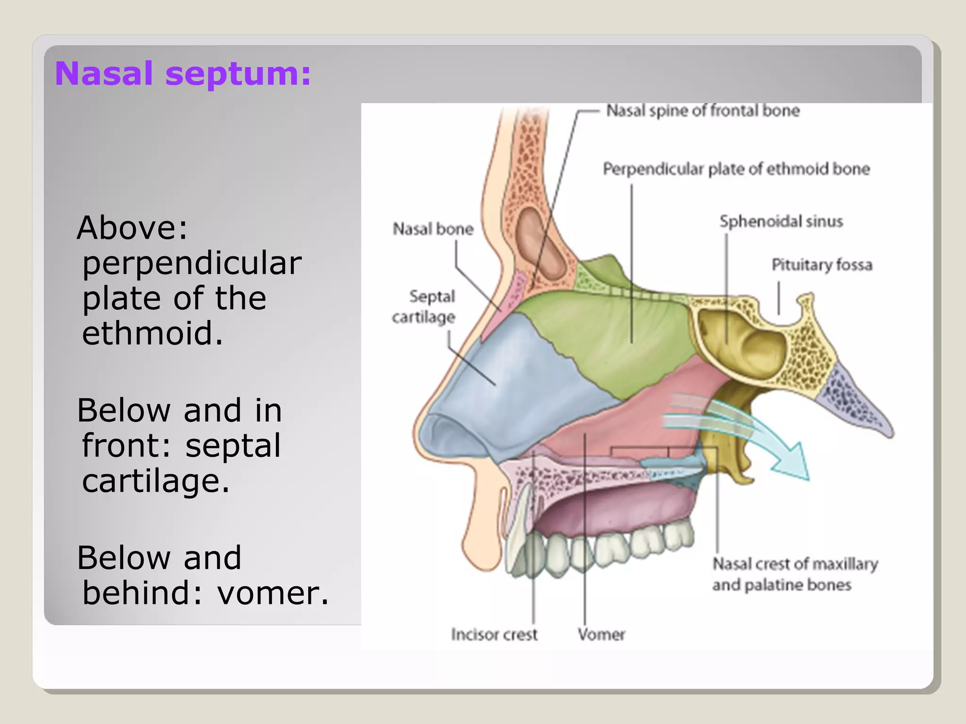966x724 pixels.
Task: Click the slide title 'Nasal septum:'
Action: point(183,74)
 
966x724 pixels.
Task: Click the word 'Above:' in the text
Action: point(132,228)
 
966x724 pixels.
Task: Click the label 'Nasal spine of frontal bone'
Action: point(702,111)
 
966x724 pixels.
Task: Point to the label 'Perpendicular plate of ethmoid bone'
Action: point(736,169)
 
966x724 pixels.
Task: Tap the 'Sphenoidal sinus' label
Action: point(781,221)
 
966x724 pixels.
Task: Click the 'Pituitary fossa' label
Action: point(822,265)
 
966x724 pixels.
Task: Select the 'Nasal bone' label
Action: point(433,229)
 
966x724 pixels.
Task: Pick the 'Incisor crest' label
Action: point(494,634)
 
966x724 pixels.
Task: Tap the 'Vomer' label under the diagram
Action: point(601,634)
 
